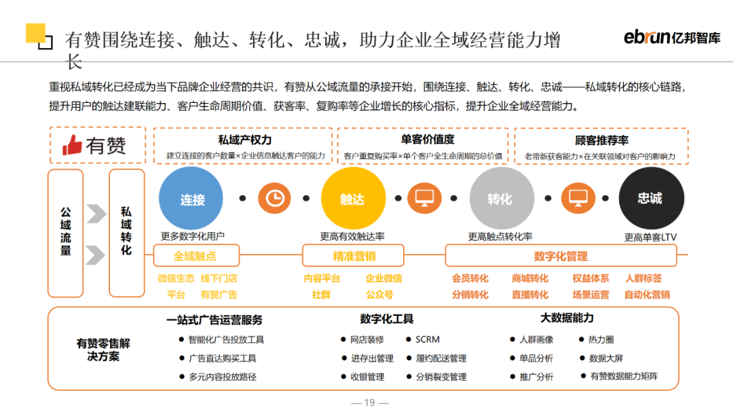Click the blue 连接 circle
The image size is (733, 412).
click(x=191, y=199)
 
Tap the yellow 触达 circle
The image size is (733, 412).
click(x=353, y=199)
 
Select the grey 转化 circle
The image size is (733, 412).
click(x=502, y=199)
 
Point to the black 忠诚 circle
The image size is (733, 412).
click(x=651, y=199)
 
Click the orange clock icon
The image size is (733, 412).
click(x=274, y=199)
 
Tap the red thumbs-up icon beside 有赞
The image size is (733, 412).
click(x=72, y=145)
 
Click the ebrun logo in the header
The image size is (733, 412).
click(x=672, y=37)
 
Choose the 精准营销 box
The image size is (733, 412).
click(x=353, y=255)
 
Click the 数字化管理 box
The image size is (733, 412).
click(x=561, y=255)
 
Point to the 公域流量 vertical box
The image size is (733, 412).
click(x=65, y=233)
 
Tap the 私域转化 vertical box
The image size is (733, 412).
click(x=127, y=233)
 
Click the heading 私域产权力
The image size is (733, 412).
click(x=244, y=140)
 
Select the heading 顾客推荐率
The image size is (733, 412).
click(x=601, y=140)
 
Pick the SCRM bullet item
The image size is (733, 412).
click(x=423, y=339)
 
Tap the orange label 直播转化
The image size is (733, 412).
click(x=529, y=294)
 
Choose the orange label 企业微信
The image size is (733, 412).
click(x=383, y=278)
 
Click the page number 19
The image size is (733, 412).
click(x=369, y=403)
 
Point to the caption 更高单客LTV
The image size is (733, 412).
click(x=650, y=237)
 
